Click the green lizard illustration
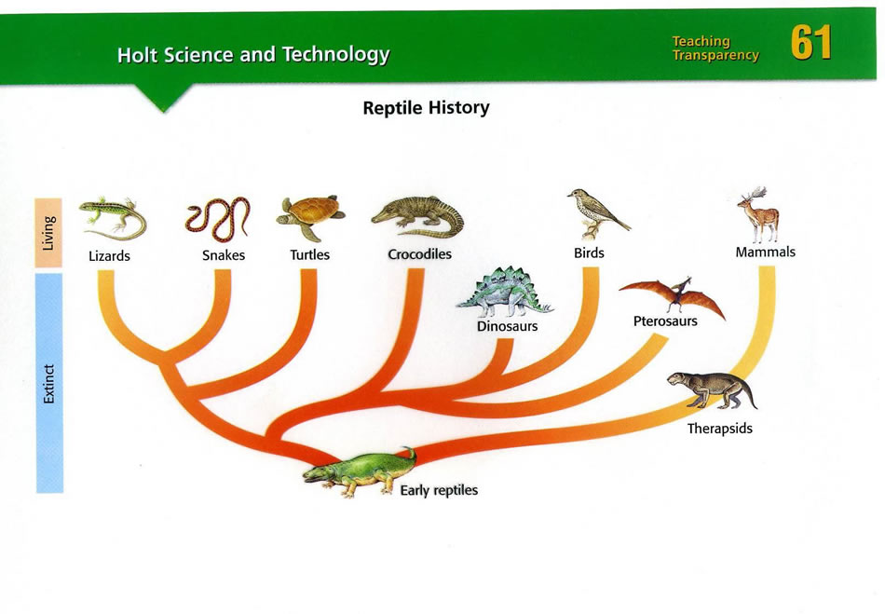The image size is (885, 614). (x=113, y=218)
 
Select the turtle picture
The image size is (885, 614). (x=310, y=217)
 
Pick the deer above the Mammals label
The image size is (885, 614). (x=759, y=215)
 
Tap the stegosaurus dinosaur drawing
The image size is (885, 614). (x=505, y=292)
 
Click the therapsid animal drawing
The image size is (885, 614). (x=712, y=390)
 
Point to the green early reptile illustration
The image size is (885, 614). (x=359, y=473)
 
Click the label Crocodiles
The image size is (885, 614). (x=419, y=254)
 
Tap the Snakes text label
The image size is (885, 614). (x=224, y=255)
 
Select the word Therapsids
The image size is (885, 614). (x=719, y=429)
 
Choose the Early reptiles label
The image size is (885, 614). (x=439, y=490)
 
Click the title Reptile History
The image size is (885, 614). (x=426, y=108)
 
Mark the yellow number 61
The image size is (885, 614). (x=811, y=42)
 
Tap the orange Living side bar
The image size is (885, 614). (x=48, y=233)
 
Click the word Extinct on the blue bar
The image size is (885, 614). (x=49, y=384)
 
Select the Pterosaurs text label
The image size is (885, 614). (x=665, y=321)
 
